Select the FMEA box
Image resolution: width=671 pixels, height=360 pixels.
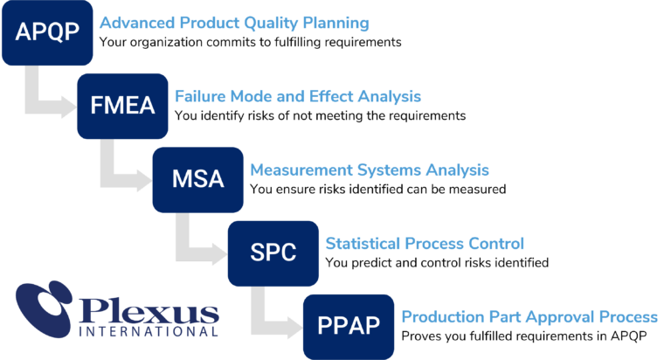(122, 106)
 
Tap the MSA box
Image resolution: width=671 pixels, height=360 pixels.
(197, 179)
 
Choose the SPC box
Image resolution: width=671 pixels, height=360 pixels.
(273, 253)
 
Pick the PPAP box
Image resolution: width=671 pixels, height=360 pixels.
(349, 326)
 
